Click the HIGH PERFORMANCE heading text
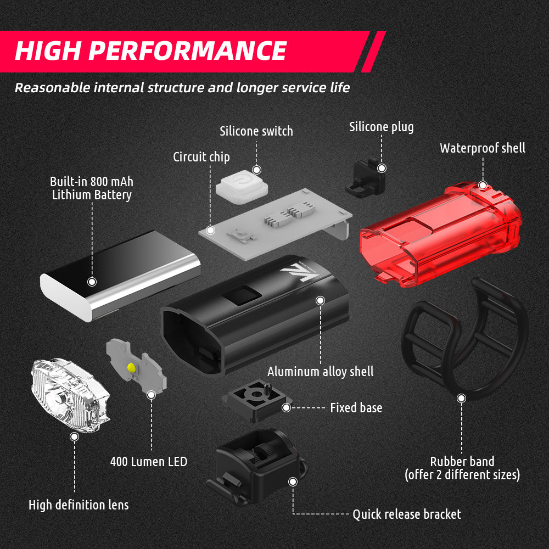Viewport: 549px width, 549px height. click(150, 51)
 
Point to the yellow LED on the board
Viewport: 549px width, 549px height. click(131, 367)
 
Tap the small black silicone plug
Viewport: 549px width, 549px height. click(365, 179)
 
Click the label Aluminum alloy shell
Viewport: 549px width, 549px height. click(321, 372)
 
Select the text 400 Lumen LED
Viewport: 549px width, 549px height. click(148, 461)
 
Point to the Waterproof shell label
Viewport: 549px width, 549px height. click(482, 148)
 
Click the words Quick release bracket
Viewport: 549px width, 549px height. click(406, 514)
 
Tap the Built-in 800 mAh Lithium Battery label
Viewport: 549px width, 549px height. click(92, 188)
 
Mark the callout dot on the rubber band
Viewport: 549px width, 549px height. click(462, 398)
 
